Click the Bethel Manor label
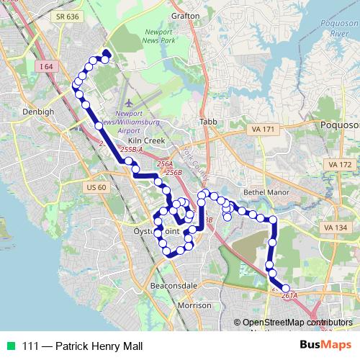266,192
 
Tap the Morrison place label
194,305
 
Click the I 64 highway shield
47,67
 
